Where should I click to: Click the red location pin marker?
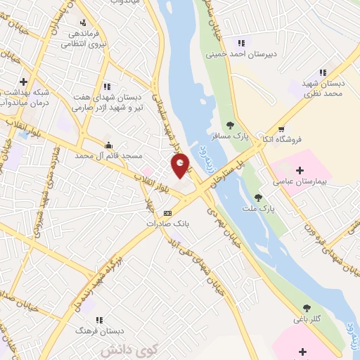coord(181,166)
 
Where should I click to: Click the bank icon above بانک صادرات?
coord(167,212)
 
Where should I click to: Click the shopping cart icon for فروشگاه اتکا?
coord(281,129)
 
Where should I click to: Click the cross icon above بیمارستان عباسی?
coord(300,169)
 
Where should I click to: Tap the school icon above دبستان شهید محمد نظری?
coord(323,72)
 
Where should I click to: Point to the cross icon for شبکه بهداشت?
coord(24,81)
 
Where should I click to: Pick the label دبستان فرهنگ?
coord(101,330)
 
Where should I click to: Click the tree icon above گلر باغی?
coord(307,307)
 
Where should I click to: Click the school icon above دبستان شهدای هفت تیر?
coord(106,86)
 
